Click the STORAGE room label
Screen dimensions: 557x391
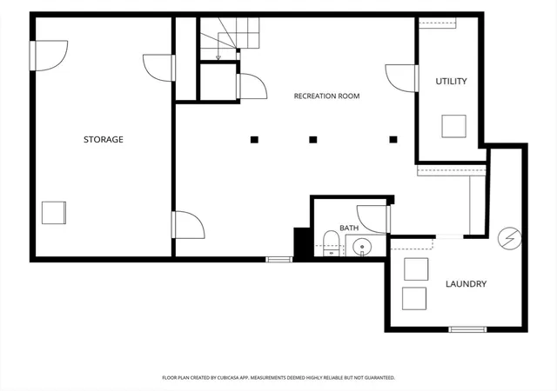click(x=104, y=139)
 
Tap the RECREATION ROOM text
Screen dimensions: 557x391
click(x=327, y=96)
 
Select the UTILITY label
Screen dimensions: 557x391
click(x=451, y=82)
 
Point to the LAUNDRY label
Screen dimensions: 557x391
click(x=466, y=284)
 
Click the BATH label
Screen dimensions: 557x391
click(x=349, y=228)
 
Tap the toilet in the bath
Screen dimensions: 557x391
click(x=332, y=243)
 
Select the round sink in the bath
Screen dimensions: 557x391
click(x=362, y=246)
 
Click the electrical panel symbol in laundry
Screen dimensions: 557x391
click(x=510, y=238)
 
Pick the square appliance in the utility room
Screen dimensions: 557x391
click(x=454, y=126)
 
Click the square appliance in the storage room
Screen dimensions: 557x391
click(x=54, y=213)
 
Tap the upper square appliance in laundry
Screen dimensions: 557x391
click(x=416, y=269)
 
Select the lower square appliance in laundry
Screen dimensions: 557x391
click(x=414, y=298)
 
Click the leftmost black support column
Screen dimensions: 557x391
click(x=254, y=140)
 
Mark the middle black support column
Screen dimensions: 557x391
click(x=313, y=140)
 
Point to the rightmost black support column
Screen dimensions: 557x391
click(x=393, y=140)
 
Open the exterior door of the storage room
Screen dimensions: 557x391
click(x=49, y=56)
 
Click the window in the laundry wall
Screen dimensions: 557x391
click(x=467, y=329)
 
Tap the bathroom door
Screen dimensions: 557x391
click(x=373, y=219)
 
